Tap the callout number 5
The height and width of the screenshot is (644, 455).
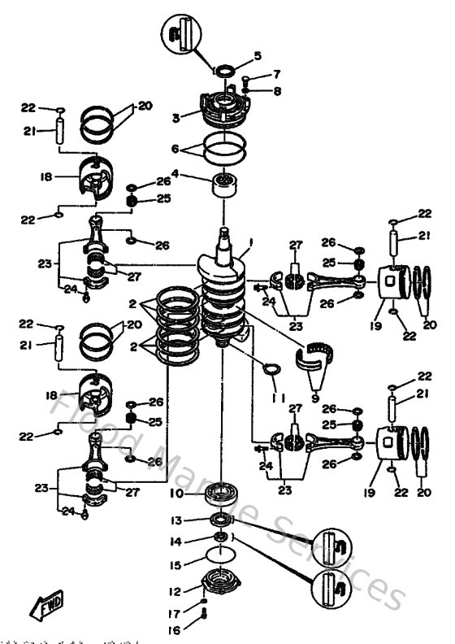point(258,56)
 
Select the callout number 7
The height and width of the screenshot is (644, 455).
point(276,74)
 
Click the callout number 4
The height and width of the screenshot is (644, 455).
point(175,175)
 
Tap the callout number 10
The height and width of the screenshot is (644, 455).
point(176,493)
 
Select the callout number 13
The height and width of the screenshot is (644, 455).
point(176,520)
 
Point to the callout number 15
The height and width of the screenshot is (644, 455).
point(176,563)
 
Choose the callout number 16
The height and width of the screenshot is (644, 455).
point(176,629)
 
